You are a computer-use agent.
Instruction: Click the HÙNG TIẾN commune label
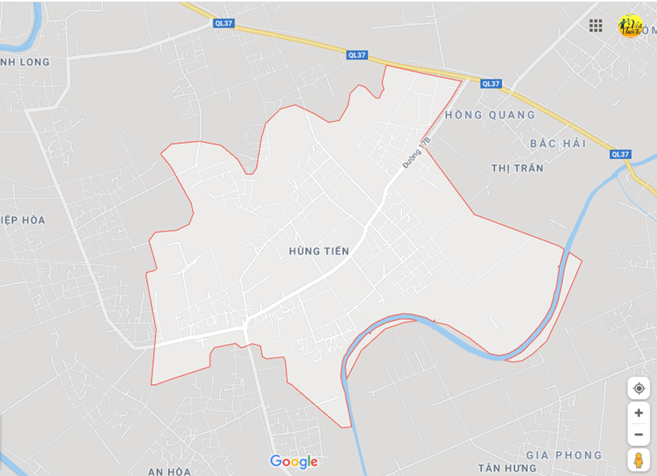point(319,251)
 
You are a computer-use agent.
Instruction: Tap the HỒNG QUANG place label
point(490,115)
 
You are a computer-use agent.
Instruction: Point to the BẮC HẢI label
point(557,143)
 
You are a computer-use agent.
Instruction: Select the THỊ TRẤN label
point(517,168)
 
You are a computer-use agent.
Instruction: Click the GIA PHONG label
point(564,455)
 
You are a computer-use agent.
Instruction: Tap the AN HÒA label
point(170,471)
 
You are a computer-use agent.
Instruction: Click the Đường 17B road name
point(415,153)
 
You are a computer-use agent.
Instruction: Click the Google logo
point(294,461)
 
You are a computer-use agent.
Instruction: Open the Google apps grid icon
point(596,25)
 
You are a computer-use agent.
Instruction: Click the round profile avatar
point(630,25)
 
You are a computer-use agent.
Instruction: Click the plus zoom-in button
point(638,413)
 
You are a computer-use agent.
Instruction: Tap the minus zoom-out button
point(638,434)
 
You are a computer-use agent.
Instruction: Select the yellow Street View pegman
point(638,460)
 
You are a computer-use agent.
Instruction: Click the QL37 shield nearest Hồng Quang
point(491,84)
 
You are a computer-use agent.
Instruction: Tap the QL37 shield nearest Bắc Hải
point(620,154)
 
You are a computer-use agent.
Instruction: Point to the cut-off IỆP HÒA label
point(24,220)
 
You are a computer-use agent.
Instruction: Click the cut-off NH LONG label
point(25,62)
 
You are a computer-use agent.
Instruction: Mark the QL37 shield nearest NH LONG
point(224,24)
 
